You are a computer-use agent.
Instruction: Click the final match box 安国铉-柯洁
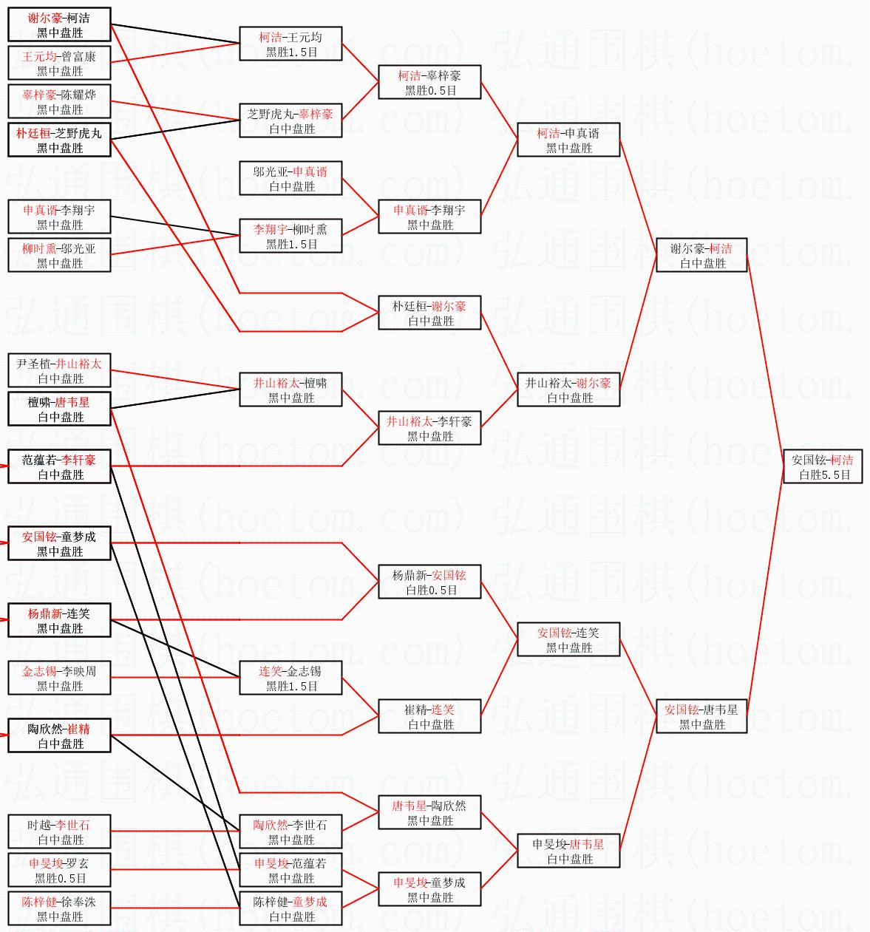[822, 466]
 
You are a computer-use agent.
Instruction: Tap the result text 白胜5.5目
[825, 475]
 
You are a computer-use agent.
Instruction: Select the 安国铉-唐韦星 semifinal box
[701, 716]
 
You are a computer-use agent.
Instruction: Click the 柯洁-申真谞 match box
[568, 140]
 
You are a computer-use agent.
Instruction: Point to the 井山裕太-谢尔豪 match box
[568, 390]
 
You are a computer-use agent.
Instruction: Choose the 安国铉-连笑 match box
[568, 639]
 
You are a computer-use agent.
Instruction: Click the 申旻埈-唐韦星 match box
[568, 851]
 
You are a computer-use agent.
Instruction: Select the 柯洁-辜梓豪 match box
[429, 82]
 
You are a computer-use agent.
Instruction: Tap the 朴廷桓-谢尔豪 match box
[429, 313]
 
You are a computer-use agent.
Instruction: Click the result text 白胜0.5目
[430, 591]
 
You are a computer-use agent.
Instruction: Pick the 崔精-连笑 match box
[429, 716]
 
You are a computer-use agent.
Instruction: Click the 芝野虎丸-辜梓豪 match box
[290, 120]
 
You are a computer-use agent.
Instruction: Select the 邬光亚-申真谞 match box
[290, 178]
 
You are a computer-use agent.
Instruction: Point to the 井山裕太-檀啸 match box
[290, 390]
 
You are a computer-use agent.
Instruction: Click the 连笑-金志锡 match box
[290, 678]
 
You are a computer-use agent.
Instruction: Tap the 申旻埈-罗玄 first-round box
[59, 870]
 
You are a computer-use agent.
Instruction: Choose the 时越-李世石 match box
[59, 831]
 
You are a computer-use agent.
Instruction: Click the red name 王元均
[39, 56]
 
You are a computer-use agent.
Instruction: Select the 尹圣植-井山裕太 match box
[59, 370]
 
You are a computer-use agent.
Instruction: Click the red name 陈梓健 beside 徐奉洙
[39, 902]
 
